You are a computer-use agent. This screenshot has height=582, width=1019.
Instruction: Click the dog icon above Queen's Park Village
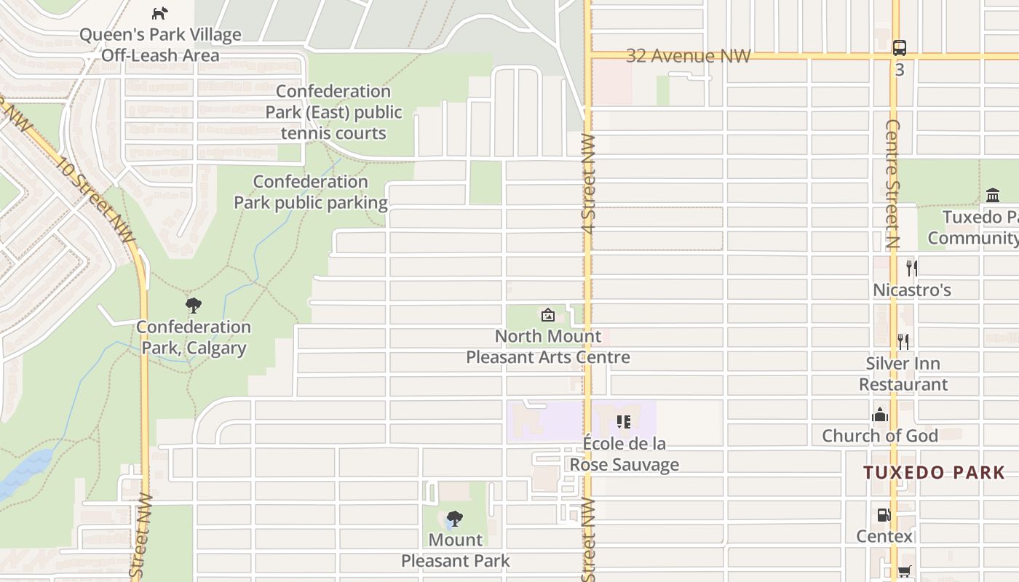159,13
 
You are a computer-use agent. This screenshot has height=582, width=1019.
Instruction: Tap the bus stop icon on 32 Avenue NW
900,48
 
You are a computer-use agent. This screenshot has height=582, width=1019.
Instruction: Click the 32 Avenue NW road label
688,56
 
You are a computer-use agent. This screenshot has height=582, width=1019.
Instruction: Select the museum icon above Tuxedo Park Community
992,195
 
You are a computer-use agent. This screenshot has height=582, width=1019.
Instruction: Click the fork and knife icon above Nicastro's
911,268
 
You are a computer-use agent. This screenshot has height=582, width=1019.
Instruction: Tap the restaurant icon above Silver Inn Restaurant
903,341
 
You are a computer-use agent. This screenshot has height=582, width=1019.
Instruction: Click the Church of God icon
880,415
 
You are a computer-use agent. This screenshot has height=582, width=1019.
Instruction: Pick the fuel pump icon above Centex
884,515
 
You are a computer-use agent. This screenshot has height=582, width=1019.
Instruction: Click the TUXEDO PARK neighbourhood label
935,473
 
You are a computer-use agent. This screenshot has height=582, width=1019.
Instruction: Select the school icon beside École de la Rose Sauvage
623,422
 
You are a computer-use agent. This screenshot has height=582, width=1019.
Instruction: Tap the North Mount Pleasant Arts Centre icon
547,315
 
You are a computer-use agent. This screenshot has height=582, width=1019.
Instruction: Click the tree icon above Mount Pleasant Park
455,519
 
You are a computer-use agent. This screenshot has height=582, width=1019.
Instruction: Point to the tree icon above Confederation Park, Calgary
193,306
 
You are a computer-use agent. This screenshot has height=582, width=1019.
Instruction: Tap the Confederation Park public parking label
311,192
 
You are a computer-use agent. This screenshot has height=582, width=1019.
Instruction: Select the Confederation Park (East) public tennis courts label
333,112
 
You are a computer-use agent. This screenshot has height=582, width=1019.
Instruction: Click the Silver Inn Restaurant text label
903,374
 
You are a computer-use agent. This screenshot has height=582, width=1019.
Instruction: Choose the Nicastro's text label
912,290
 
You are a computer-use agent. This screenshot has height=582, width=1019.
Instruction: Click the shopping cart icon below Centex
904,572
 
